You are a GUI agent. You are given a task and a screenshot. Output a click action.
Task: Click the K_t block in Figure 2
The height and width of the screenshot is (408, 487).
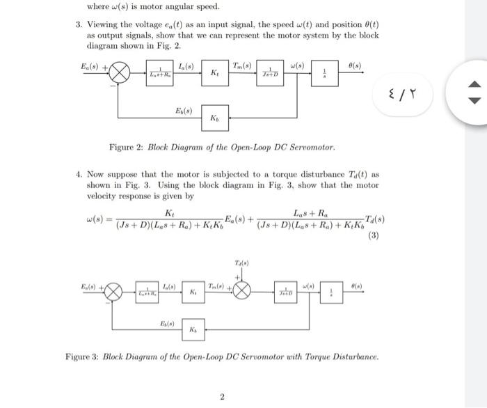click(215, 73)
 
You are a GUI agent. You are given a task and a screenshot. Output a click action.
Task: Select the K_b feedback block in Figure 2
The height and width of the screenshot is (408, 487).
click(215, 118)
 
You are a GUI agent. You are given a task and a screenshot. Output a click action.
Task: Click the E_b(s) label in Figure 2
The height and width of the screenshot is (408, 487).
click(184, 110)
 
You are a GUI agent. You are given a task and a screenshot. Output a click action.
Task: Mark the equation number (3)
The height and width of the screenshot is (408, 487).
click(374, 235)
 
